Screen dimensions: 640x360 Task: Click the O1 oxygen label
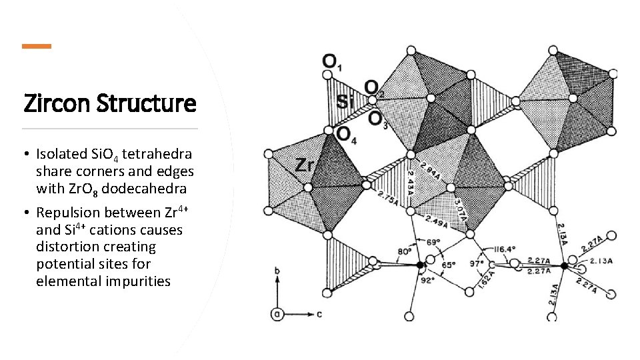[x=331, y=61]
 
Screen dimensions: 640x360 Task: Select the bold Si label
[x=345, y=102]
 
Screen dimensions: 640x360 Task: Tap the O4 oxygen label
[x=345, y=135]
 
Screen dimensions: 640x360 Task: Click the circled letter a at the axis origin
[x=275, y=313]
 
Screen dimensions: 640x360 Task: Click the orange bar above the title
[x=36, y=46]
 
